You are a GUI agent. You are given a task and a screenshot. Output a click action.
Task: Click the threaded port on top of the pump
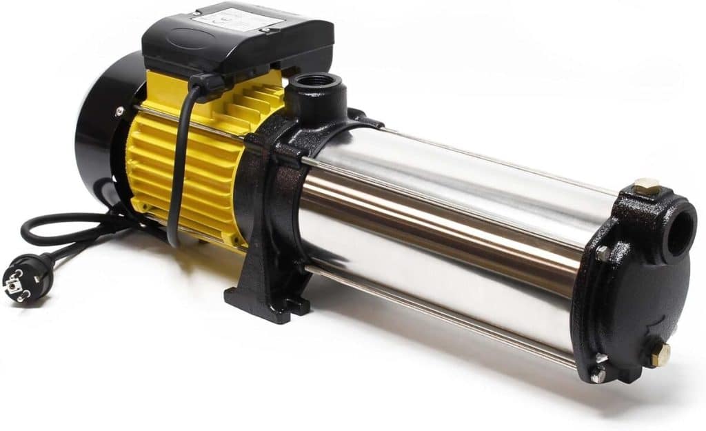click(x=316, y=83)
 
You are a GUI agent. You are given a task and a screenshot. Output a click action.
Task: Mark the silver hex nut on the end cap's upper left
click(x=602, y=254)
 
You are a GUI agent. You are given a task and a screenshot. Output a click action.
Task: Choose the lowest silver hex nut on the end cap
click(x=597, y=375)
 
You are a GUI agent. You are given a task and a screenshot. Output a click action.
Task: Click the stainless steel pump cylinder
click(x=441, y=228)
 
